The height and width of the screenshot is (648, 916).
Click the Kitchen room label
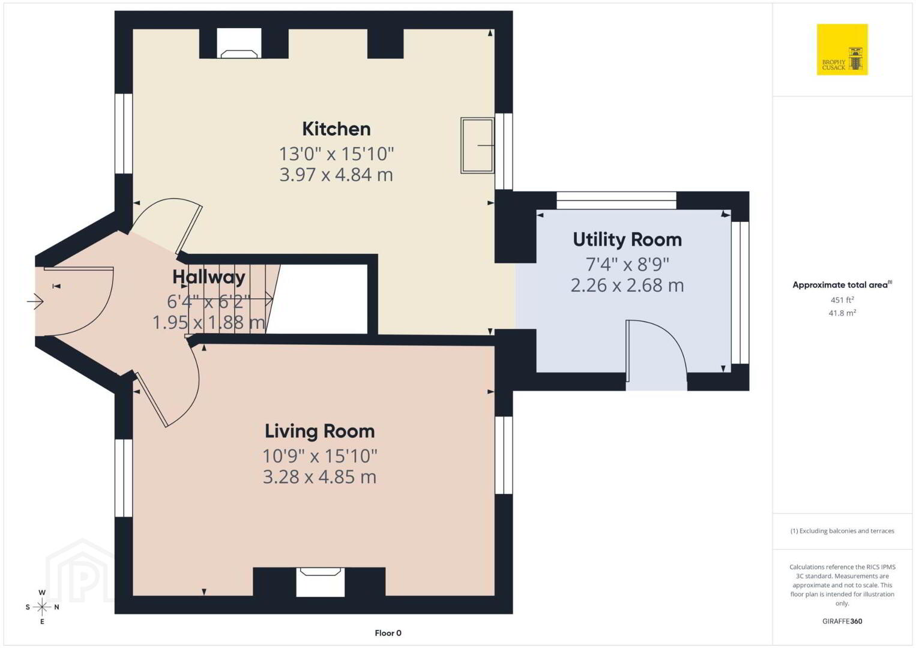coord(336,129)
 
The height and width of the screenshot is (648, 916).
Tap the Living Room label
coord(319,431)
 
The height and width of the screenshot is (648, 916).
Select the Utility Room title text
coord(627,239)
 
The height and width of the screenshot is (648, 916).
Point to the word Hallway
coord(208,277)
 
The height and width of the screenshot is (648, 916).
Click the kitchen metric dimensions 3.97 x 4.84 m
coord(336,175)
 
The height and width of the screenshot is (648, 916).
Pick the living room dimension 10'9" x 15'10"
coord(319,456)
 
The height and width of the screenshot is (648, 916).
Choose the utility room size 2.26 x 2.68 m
coord(627,286)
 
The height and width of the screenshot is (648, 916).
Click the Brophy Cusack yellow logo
coord(842,49)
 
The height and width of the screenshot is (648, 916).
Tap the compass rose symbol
coord(42,607)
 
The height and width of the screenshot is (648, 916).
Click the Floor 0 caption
coord(388,633)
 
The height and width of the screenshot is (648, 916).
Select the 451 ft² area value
coord(842,299)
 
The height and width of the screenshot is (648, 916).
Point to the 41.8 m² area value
coord(842,313)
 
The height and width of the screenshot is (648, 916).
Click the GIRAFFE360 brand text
coord(842,621)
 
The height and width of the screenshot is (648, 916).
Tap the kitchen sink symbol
coord(477,145)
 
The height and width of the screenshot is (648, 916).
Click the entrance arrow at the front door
coord(35,302)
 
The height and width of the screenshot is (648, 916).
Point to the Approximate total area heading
coord(842,284)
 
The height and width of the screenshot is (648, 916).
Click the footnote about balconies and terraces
coord(842,530)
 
